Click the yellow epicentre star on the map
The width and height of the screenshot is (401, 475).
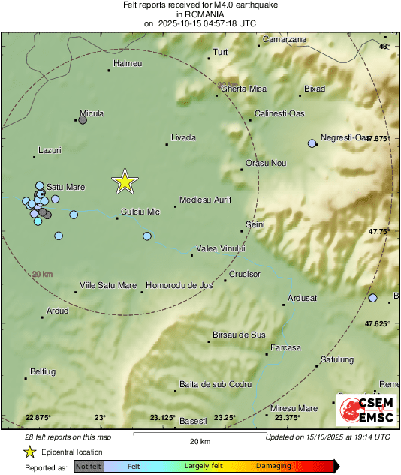125,181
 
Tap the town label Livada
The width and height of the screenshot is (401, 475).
183,138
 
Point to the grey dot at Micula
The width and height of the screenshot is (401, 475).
83,119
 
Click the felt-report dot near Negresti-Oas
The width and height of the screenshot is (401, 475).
312,143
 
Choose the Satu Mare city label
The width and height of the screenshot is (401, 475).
66,187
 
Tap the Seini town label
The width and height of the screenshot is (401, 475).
256,224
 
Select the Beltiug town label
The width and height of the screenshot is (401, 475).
43,371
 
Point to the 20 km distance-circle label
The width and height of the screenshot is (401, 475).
42,275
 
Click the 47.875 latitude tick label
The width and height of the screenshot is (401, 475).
378,139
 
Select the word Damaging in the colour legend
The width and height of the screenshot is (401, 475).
274,466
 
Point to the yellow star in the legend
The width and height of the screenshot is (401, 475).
29,452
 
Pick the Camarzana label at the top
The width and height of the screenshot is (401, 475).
285,39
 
